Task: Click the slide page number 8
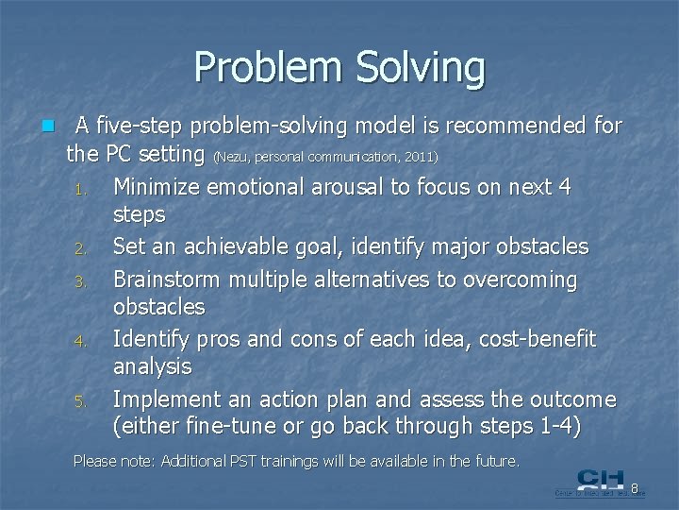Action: pos(636,488)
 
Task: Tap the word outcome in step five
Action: pos(572,399)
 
